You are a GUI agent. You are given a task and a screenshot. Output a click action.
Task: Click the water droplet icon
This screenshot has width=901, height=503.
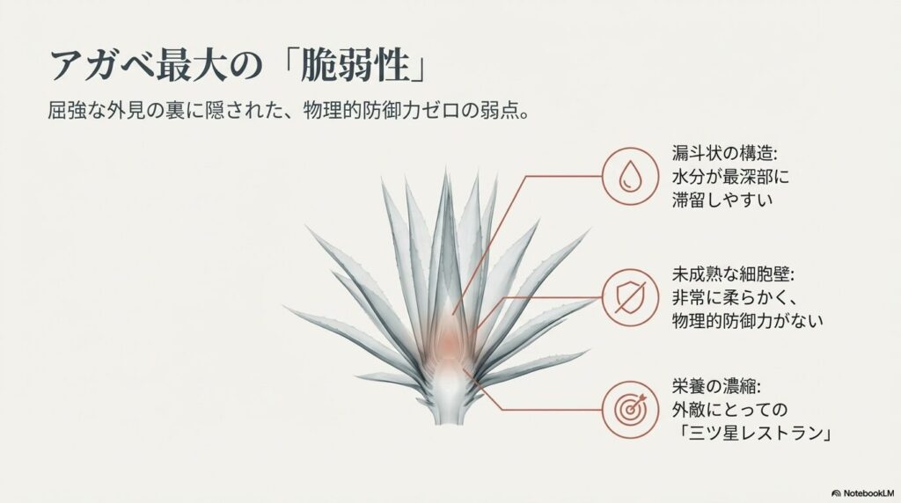tap(629, 174)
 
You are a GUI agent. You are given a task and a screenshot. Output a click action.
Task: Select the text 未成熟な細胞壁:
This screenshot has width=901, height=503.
tap(730, 271)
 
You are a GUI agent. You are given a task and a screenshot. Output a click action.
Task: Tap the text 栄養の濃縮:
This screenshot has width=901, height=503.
tap(714, 387)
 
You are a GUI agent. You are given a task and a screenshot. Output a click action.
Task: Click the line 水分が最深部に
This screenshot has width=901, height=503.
tap(729, 175)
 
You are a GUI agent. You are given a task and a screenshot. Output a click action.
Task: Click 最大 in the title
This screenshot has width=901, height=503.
tap(190, 66)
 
